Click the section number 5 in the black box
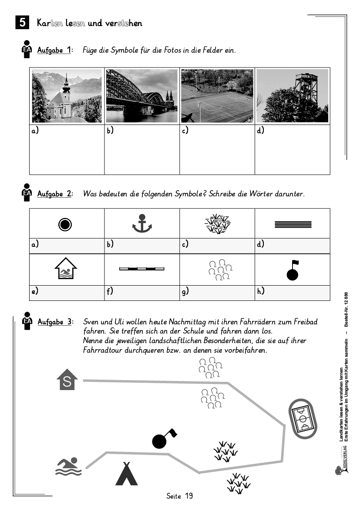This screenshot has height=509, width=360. pyautogui.click(x=22, y=23)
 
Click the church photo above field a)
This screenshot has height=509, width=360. pyautogui.click(x=67, y=96)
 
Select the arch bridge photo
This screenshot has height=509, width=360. pyautogui.click(x=142, y=96)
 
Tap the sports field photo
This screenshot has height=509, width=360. pyautogui.click(x=217, y=96)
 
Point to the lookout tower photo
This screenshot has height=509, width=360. pyautogui.click(x=292, y=96)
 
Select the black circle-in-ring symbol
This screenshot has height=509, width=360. pyautogui.click(x=65, y=224)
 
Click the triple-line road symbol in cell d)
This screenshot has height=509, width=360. pyautogui.click(x=293, y=224)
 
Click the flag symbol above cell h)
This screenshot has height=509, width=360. pyautogui.click(x=293, y=270)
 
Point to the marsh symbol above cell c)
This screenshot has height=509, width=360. pyautogui.click(x=217, y=224)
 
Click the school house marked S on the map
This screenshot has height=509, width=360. pyautogui.click(x=67, y=380)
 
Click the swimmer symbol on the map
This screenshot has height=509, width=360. pyautogui.click(x=69, y=466)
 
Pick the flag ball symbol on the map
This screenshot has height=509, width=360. pyautogui.click(x=161, y=440)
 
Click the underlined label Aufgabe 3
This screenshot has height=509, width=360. pyautogui.click(x=54, y=322)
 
